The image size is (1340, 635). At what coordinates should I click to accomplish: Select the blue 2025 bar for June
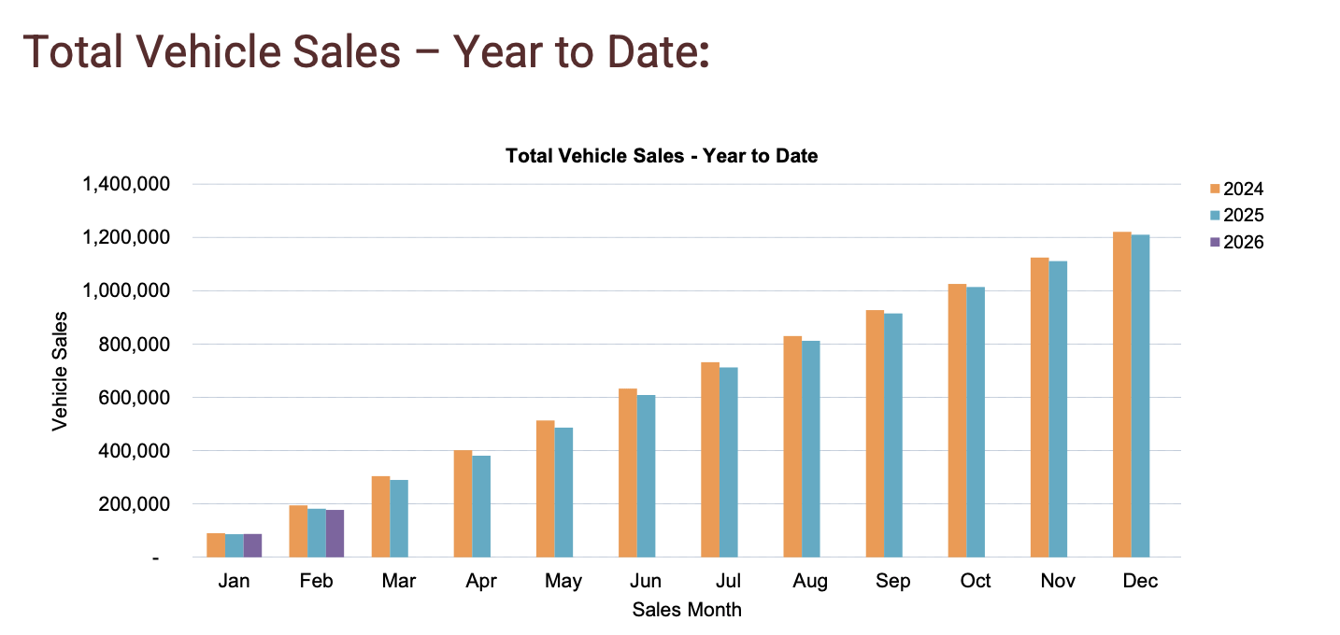point(646,476)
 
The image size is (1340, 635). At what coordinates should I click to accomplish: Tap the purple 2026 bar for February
point(335,533)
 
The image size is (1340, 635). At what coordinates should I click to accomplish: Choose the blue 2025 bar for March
point(399,518)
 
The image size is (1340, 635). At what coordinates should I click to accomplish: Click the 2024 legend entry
point(1234,189)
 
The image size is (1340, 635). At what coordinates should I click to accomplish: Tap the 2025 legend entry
point(1234,216)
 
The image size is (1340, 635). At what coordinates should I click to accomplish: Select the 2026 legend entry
point(1234,242)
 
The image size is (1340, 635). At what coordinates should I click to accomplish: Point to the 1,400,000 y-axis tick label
point(126,185)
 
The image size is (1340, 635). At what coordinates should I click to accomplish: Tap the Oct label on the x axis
point(976,581)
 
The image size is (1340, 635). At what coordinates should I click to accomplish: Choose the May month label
point(563,581)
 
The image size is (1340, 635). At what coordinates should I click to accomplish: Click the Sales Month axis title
point(687,610)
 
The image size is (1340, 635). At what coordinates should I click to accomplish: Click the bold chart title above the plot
point(662,156)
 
